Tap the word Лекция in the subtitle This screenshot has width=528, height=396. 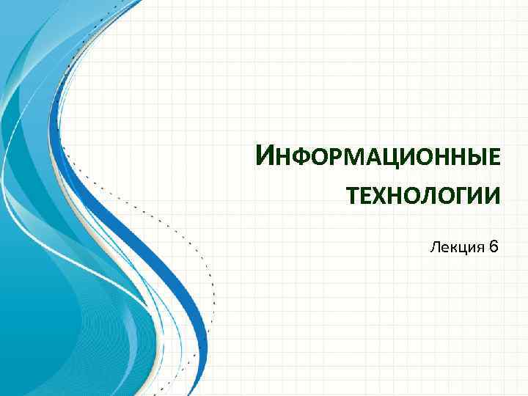455,247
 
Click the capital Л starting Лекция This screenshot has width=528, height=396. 435,247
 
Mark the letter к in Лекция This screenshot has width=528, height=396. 451,248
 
